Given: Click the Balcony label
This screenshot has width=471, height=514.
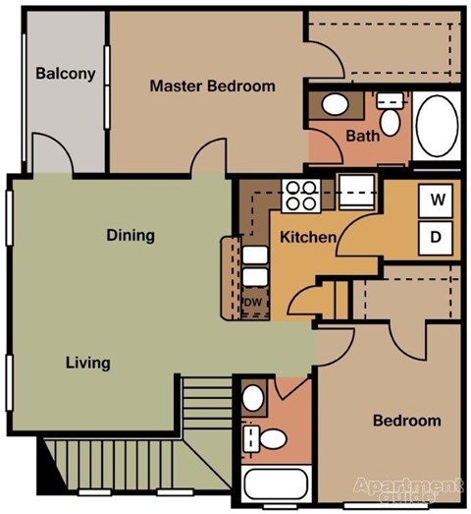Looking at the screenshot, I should tap(66, 74).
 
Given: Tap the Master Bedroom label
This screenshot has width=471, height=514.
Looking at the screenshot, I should tap(212, 86).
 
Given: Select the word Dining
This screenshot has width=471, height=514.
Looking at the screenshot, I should tap(131, 235).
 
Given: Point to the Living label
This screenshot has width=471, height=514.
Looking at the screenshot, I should tap(87, 363).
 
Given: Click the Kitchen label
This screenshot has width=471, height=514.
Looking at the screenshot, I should tap(308, 237).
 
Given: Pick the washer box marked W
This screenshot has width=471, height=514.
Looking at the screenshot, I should tap(438, 200).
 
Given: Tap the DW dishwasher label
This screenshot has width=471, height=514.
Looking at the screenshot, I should tap(252, 302).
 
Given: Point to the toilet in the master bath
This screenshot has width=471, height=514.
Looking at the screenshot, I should tap(391, 117).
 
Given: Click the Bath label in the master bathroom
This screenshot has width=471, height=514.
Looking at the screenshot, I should tap(362, 137).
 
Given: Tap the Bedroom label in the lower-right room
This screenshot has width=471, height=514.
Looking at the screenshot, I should tap(406, 421).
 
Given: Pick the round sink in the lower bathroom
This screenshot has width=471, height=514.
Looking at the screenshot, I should tap(253, 398).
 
